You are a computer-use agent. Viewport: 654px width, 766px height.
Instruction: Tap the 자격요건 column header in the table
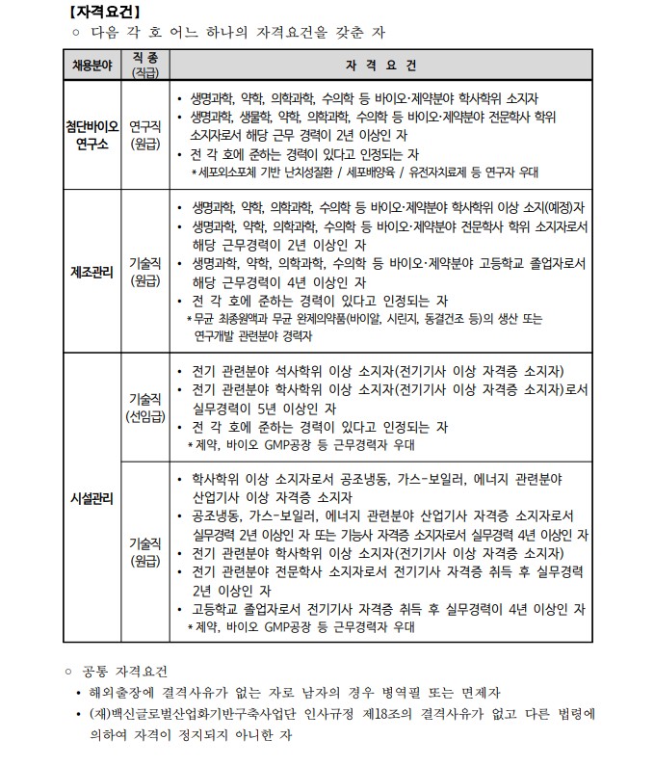383,66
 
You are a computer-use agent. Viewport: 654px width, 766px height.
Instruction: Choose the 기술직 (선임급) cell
145,408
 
